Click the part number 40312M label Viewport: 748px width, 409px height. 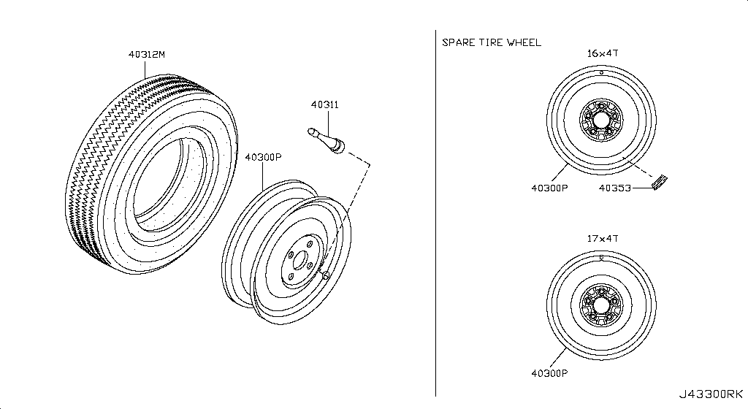point(146,54)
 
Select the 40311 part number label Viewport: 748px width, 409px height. point(325,104)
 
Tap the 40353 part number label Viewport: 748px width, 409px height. point(615,188)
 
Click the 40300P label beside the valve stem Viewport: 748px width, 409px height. point(263,157)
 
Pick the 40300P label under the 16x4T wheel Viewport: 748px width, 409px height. point(549,188)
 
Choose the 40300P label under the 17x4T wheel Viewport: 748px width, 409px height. point(549,373)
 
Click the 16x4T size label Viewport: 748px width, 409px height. point(603,53)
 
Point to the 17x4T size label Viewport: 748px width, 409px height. point(603,238)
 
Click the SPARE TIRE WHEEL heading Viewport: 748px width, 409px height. point(492,42)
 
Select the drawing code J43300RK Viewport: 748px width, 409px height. point(711,394)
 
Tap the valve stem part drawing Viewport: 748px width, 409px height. point(326,141)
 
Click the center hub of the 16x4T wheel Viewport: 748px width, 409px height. point(601,120)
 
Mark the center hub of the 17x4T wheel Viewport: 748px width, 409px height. point(601,305)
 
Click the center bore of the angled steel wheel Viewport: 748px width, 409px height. point(299,261)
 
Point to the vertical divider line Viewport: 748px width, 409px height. point(435,213)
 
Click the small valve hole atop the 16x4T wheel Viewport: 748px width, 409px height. point(602,73)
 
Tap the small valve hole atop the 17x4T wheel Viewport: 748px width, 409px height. point(602,258)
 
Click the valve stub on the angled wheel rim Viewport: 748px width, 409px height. point(325,274)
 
